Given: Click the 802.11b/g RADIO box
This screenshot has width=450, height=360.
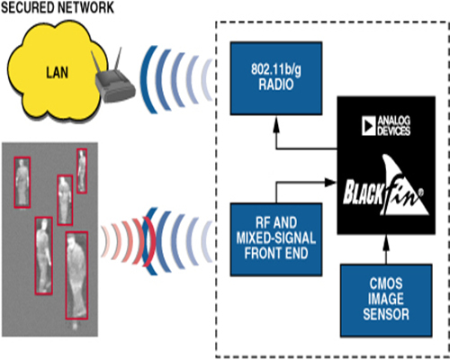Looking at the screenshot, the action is coord(276,78).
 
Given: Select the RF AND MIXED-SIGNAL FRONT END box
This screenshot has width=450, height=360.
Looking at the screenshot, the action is coord(276,239).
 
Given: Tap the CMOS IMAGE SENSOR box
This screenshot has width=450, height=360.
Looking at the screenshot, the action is coord(386,301).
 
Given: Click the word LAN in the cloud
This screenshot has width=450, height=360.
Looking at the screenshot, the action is coord(57,73).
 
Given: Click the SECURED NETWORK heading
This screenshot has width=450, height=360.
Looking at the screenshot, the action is coord(58,7).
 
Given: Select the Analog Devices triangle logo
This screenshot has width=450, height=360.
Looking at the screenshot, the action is coord(369,125).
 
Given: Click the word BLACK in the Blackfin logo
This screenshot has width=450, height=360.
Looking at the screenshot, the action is coord(364,192).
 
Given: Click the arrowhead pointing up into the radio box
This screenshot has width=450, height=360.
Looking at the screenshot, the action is coord(276,124).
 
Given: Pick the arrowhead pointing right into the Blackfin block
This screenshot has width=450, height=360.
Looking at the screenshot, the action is coord(330,182).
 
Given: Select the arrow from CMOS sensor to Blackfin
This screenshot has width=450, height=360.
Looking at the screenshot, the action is coord(386,249).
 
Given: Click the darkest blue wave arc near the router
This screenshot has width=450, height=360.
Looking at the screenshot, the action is coord(147,79).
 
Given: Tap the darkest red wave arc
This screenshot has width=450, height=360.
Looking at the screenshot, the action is coord(149,242).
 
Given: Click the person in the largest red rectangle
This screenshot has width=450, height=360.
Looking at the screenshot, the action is coord(76,276).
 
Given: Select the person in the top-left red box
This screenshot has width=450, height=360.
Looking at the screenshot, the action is coord(22,182).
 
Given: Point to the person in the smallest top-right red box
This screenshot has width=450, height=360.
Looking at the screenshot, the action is coord(82,170).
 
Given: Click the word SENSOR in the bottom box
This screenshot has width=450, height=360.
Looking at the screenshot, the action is coord(386,314).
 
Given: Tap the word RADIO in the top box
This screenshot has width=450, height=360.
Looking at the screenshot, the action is coord(276,85).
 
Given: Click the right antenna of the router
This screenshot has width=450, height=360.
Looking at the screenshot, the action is coord(118,60).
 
